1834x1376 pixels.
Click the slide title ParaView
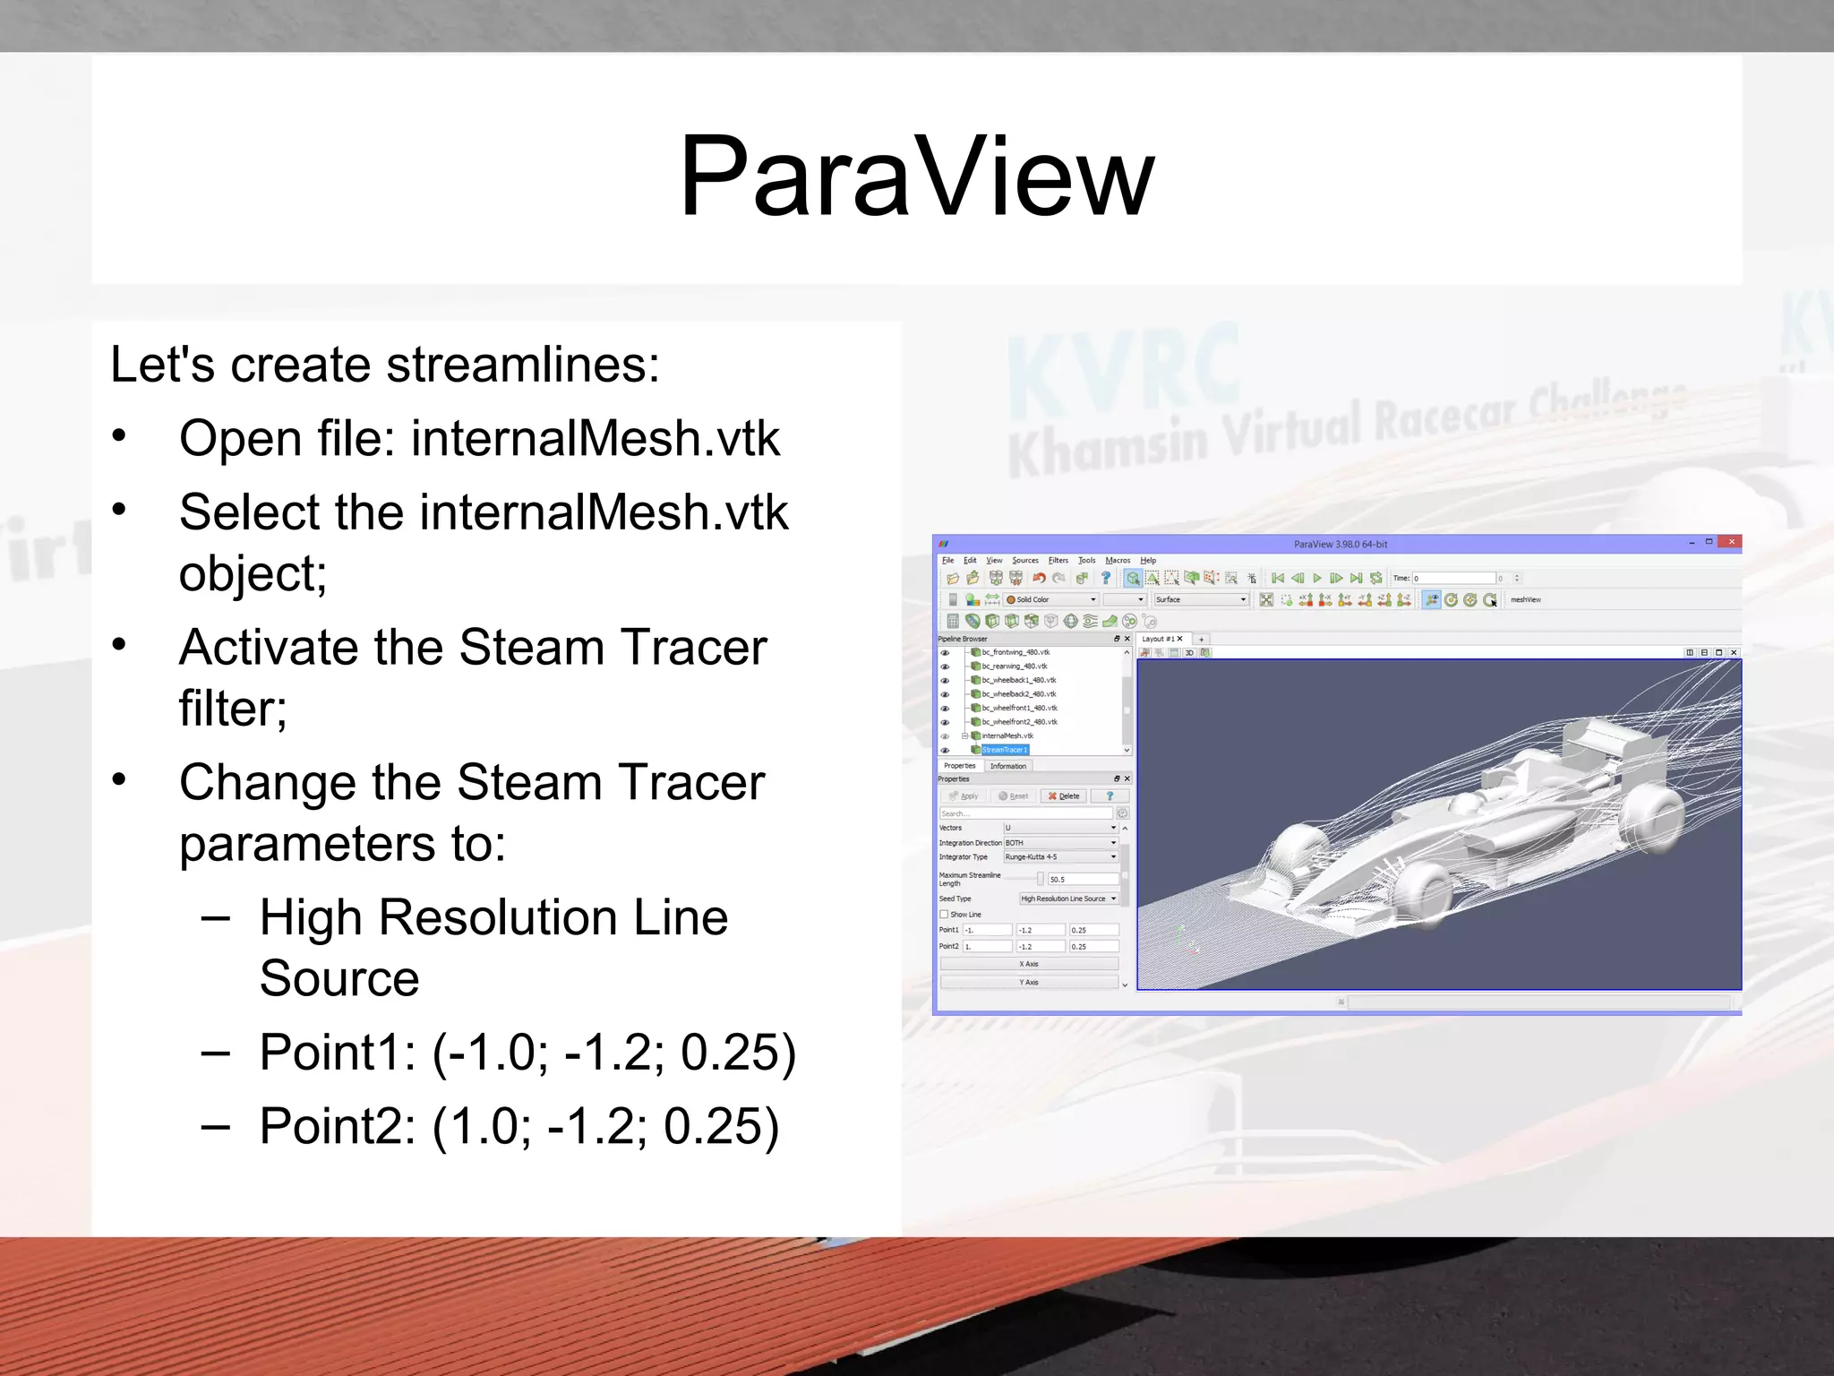pyautogui.click(x=916, y=176)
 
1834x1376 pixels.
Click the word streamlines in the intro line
pyautogui.click(x=522, y=365)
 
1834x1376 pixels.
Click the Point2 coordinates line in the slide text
pyautogui.click(x=519, y=1126)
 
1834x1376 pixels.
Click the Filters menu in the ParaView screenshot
pyautogui.click(x=1058, y=561)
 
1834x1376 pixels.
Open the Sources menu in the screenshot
pyautogui.click(x=1025, y=561)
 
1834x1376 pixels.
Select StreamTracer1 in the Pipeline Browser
pyautogui.click(x=1004, y=750)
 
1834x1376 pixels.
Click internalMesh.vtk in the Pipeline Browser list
pyautogui.click(x=1007, y=736)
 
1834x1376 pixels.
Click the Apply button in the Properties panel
pyautogui.click(x=964, y=796)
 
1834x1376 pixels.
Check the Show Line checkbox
pyautogui.click(x=944, y=915)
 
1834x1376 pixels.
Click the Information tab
pyautogui.click(x=1007, y=766)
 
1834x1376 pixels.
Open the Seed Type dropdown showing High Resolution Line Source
pyautogui.click(x=1068, y=899)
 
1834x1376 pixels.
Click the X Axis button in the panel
pyautogui.click(x=1028, y=964)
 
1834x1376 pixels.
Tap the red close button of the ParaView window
pyautogui.click(x=1731, y=543)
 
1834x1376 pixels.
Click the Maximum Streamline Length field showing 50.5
pyautogui.click(x=1082, y=880)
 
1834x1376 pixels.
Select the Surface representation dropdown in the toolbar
pyautogui.click(x=1200, y=600)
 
